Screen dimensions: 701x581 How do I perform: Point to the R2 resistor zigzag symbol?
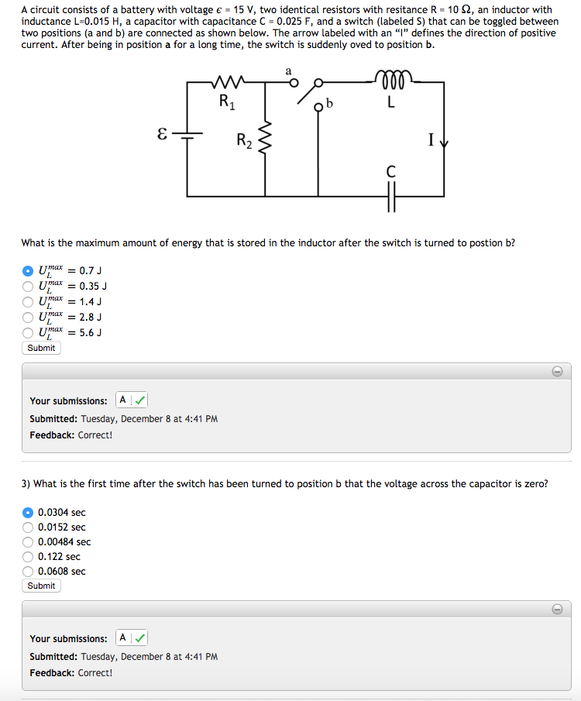click(266, 142)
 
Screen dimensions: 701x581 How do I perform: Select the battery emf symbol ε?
click(161, 134)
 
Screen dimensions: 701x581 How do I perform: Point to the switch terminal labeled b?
click(318, 108)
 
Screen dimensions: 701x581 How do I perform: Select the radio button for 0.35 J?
click(28, 286)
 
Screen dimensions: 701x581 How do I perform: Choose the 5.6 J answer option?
click(28, 332)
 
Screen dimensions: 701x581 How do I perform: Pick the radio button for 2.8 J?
click(28, 317)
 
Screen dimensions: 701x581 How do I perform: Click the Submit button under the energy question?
click(41, 348)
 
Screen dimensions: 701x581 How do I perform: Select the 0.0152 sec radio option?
click(28, 527)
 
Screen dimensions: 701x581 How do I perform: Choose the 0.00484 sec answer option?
click(28, 542)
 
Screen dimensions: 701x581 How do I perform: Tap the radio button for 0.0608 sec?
click(28, 572)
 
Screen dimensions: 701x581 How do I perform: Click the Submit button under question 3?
click(41, 586)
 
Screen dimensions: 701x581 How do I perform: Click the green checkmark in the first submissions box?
click(139, 400)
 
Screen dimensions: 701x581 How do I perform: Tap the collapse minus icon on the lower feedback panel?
click(556, 609)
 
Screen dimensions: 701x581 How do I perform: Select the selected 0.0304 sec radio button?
click(28, 513)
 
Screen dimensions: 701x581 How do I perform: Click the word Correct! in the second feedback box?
click(95, 672)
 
